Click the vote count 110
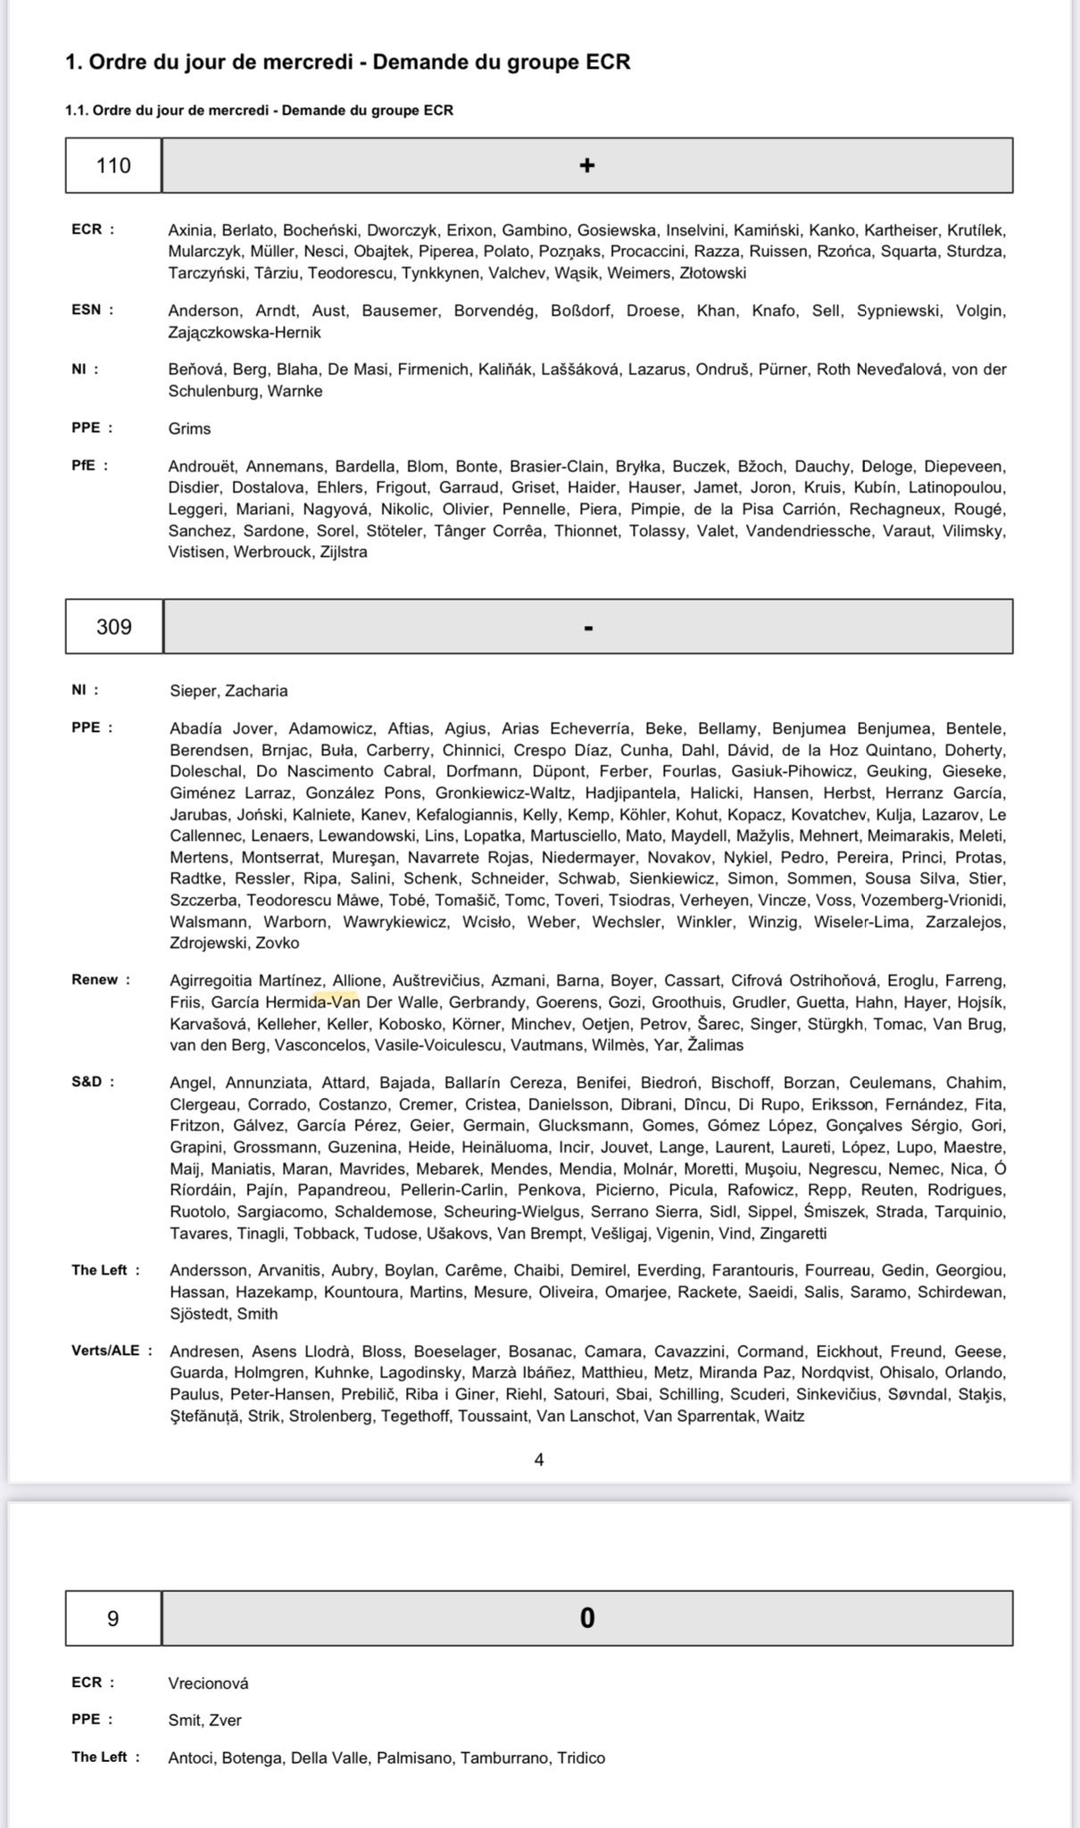pyautogui.click(x=113, y=165)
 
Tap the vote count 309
pyautogui.click(x=114, y=627)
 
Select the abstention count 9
pyautogui.click(x=112, y=1618)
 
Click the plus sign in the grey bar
pyautogui.click(x=586, y=165)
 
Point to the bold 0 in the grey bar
pyautogui.click(x=586, y=1618)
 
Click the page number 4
pyautogui.click(x=539, y=1459)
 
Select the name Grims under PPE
pyautogui.click(x=189, y=428)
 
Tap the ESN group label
pyautogui.click(x=87, y=310)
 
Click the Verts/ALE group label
pyautogui.click(x=105, y=1350)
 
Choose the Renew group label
pyautogui.click(x=95, y=979)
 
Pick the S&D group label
pyautogui.click(x=87, y=1082)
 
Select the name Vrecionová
pyautogui.click(x=208, y=1683)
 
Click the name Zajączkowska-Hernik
pyautogui.click(x=245, y=332)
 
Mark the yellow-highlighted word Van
pyautogui.click(x=345, y=1001)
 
